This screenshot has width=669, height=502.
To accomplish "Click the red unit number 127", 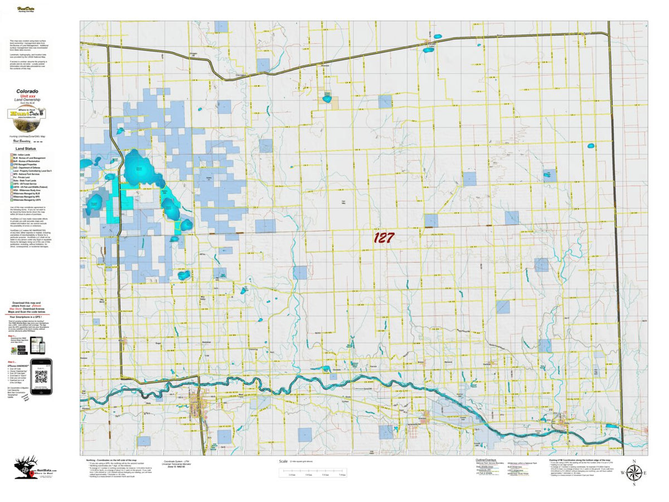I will click(384, 238).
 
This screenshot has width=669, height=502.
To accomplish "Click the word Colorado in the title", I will click(27, 91).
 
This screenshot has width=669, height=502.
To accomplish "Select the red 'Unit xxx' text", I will click(27, 96).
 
